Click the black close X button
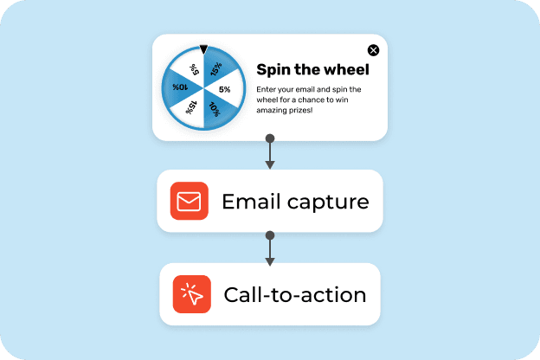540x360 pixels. pyautogui.click(x=373, y=50)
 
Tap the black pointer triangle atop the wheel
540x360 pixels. pyautogui.click(x=203, y=50)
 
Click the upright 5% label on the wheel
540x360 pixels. pyautogui.click(x=225, y=89)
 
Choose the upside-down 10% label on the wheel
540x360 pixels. pyautogui.click(x=181, y=87)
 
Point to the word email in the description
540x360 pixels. pyautogui.click(x=315, y=89)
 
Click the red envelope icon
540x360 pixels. pyautogui.click(x=190, y=202)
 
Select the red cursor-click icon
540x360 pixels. pyautogui.click(x=192, y=295)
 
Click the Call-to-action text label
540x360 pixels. pyautogui.click(x=294, y=295)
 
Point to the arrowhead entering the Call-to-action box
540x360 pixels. pyautogui.click(x=270, y=260)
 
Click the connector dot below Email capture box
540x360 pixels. pyautogui.click(x=270, y=235)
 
